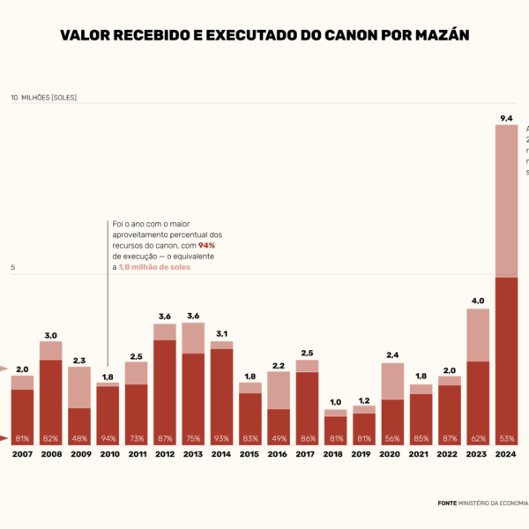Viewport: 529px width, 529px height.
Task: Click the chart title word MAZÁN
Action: (x=436, y=35)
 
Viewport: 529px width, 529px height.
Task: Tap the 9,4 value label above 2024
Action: (x=506, y=117)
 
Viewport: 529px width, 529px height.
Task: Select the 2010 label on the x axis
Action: (x=108, y=454)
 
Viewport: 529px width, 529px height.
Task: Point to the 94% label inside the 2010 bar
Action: (x=108, y=438)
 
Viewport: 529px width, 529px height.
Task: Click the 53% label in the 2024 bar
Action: (x=506, y=438)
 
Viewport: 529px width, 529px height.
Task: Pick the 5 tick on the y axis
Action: (x=13, y=267)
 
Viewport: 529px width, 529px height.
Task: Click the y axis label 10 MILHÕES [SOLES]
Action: (x=43, y=97)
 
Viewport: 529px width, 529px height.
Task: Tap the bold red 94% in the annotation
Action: (x=206, y=245)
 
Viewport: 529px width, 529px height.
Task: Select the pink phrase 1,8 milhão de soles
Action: (x=154, y=265)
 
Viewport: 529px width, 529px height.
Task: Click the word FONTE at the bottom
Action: (x=447, y=503)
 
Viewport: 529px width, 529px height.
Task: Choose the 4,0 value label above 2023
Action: (x=478, y=301)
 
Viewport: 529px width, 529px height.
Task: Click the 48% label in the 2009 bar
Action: (x=79, y=438)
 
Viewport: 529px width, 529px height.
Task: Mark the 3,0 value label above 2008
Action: (x=51, y=335)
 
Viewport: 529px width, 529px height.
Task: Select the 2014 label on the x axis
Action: (x=221, y=454)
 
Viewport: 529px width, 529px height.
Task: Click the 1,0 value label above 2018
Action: (x=335, y=402)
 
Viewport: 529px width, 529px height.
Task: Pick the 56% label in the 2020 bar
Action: (x=392, y=438)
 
